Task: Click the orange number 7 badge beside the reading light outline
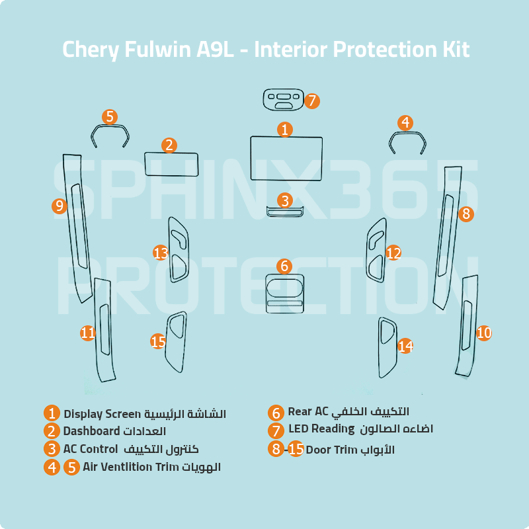coord(312,101)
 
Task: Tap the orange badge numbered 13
coord(161,253)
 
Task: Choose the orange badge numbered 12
coord(393,253)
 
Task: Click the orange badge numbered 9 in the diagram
coord(60,206)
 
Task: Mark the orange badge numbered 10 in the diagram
coord(484,333)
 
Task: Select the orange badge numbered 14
coord(405,346)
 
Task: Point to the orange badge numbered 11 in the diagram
coord(88,333)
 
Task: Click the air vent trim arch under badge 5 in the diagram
coord(110,126)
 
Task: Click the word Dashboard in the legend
coord(91,431)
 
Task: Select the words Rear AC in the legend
coord(307,411)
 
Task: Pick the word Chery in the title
coord(91,50)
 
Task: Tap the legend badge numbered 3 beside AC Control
coord(52,449)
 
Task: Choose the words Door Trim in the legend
coord(331,450)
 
